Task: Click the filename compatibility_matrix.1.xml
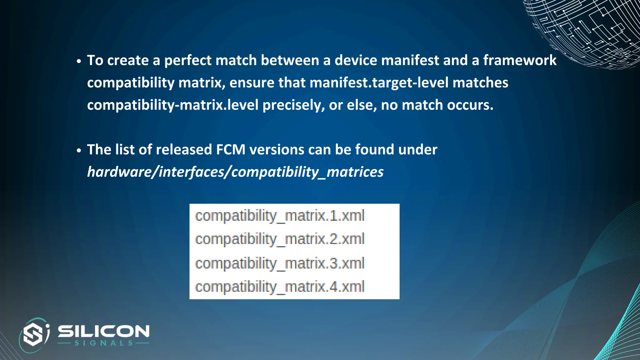pos(280,216)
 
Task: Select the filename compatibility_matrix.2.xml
pos(280,239)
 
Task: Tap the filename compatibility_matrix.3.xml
pos(280,263)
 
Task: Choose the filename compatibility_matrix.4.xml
pos(280,287)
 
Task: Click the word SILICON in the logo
pos(103,331)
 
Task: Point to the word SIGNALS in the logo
pos(103,343)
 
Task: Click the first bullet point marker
pos(79,61)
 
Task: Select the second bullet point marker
pos(79,150)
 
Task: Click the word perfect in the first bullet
pos(188,60)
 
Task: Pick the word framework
pos(520,60)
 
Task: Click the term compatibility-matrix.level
pos(173,105)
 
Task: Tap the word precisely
pos(293,105)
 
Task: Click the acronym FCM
pos(231,150)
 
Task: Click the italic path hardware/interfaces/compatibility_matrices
pos(235,172)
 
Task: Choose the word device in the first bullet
pos(356,60)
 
